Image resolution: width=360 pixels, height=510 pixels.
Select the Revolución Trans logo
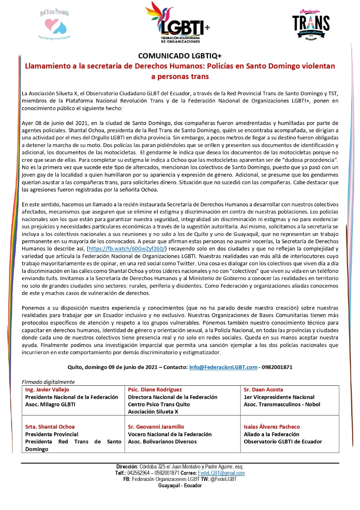[x=311, y=24]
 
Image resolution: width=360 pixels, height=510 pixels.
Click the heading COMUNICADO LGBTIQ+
[x=180, y=56]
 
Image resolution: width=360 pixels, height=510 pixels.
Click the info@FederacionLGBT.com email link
[x=223, y=367]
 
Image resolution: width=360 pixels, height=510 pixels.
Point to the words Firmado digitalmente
[x=48, y=382]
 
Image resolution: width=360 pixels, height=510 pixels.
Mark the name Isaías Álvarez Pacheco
[x=272, y=427]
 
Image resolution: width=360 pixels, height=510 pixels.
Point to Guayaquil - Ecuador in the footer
[x=180, y=486]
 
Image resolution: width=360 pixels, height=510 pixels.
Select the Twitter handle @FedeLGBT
[x=221, y=479]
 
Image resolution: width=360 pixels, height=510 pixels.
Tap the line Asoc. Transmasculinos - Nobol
[x=282, y=404]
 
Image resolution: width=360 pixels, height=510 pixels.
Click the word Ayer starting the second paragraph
[x=27, y=123]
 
